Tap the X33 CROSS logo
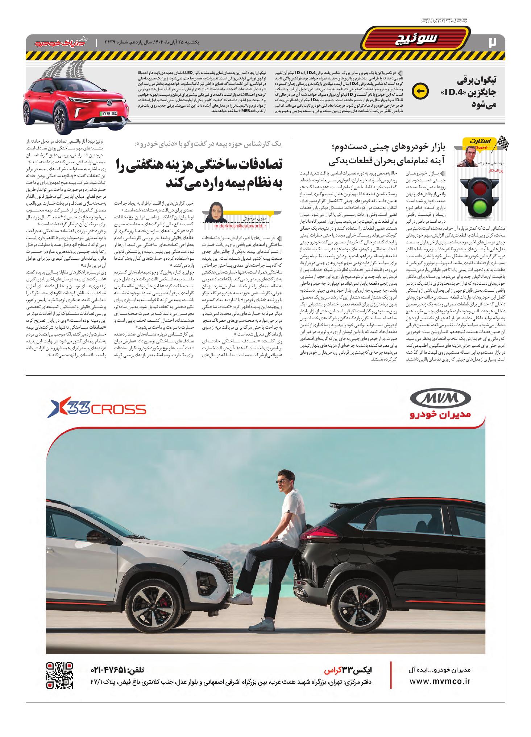pos(97,410)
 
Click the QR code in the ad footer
pos(60,676)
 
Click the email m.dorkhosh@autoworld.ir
pos(240,226)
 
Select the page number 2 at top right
pos(492,42)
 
